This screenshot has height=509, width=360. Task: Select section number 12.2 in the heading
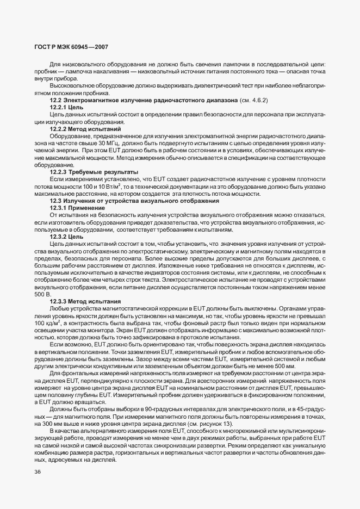click(56, 102)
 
